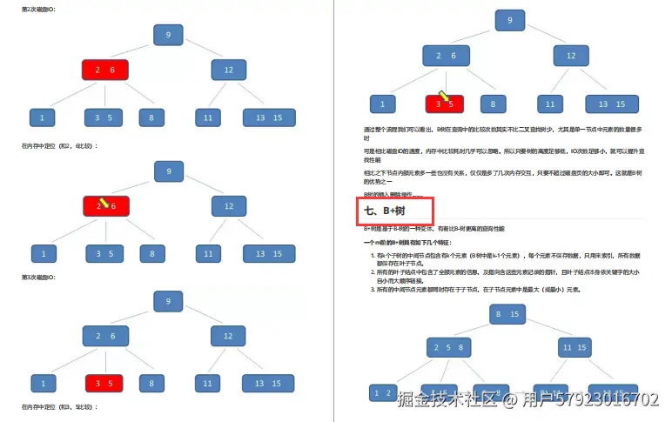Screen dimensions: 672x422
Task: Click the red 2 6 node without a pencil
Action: coord(105,70)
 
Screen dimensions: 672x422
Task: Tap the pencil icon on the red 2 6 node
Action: coord(103,202)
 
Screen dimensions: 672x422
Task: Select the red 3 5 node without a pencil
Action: coord(104,383)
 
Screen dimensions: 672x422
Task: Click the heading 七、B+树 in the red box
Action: coord(395,211)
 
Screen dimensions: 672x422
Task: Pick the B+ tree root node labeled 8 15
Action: coord(508,313)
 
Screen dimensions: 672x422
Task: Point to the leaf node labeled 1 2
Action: coord(383,393)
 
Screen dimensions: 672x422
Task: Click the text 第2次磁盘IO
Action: coord(40,9)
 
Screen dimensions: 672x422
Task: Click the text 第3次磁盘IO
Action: coord(40,277)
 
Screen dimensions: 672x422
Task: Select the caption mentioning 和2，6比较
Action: coord(60,145)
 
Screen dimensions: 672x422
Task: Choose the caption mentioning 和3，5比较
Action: coord(60,407)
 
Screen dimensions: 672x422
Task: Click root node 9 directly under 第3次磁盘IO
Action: coord(168,301)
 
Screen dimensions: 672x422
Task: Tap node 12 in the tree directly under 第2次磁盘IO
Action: coord(229,70)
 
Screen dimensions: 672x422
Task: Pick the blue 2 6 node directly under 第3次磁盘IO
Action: coord(105,336)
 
